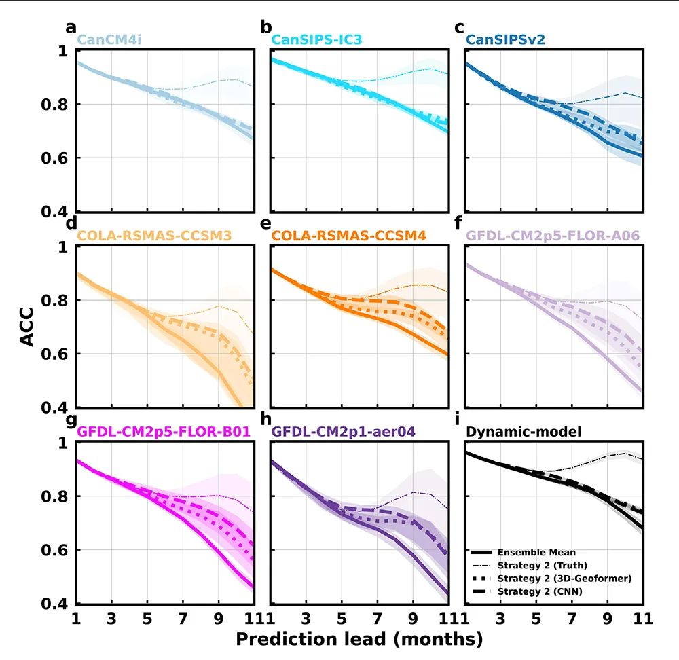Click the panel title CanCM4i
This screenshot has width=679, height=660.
(109, 40)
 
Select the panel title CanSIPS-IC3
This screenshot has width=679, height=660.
(316, 40)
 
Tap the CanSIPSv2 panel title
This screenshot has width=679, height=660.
(506, 40)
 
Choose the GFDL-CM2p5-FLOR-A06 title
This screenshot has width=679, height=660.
(553, 236)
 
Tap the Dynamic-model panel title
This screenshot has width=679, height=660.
(514, 431)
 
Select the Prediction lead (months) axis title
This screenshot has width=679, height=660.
(359, 639)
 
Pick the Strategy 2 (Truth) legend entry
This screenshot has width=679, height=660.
(542, 565)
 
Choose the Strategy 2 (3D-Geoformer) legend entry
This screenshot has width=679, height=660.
(564, 579)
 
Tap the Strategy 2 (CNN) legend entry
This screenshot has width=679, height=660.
(540, 592)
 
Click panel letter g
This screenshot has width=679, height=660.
(70, 420)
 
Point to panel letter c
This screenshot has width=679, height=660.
(459, 27)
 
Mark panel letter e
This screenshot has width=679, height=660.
(265, 225)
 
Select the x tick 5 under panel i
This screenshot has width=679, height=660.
(536, 619)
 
